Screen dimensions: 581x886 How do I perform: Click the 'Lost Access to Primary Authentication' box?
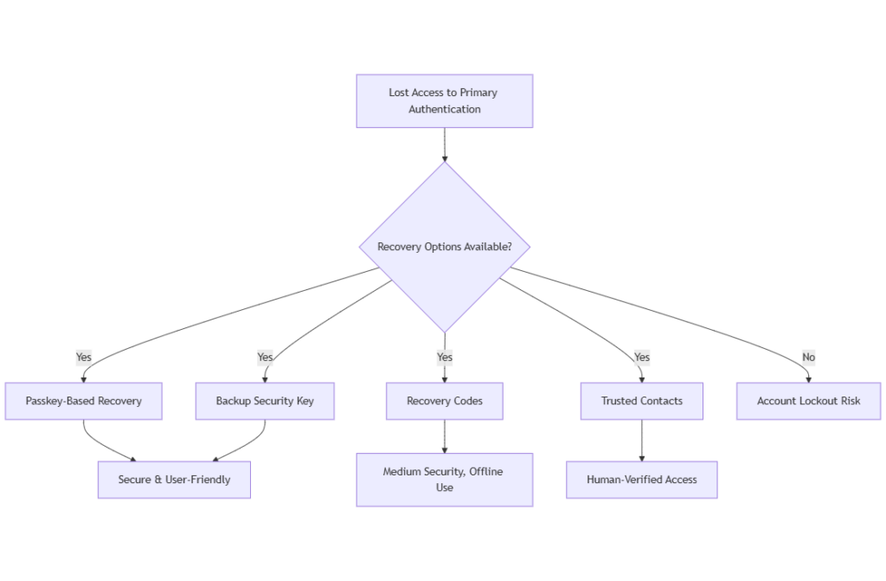444,100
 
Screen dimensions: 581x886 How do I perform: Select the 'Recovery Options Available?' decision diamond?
444,247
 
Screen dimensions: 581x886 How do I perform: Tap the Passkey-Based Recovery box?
83,401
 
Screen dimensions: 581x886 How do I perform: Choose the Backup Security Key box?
265,401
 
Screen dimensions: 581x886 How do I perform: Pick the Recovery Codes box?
444,401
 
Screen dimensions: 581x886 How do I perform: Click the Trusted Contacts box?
641,401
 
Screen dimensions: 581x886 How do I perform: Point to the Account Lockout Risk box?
808,401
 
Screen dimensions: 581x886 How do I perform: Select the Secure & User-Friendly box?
174,479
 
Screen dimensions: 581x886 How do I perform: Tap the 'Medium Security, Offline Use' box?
444,480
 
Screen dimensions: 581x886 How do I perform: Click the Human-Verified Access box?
641,479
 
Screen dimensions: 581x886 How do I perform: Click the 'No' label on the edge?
808,357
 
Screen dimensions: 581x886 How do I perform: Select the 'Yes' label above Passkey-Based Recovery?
83,357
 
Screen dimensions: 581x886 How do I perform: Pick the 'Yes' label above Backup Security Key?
265,357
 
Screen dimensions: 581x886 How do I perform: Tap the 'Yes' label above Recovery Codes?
444,357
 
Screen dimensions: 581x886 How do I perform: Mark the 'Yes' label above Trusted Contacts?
641,357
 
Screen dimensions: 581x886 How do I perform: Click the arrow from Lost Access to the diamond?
444,145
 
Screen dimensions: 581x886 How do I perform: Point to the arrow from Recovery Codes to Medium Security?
444,436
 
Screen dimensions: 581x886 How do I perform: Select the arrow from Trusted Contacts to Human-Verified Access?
641,441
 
